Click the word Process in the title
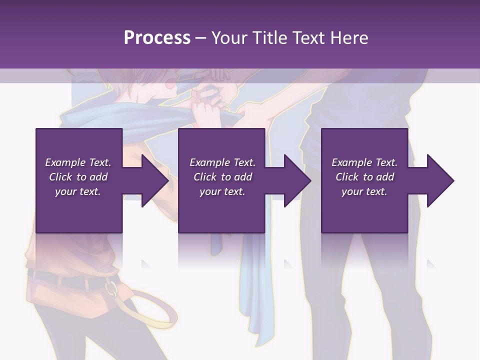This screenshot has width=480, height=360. [157, 38]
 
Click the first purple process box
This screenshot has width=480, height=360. [78, 210]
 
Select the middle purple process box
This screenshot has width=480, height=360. [221, 210]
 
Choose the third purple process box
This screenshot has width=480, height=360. [364, 210]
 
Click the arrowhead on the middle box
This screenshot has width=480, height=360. [297, 180]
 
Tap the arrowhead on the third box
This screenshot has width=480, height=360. [440, 180]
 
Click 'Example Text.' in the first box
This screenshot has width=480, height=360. [78, 162]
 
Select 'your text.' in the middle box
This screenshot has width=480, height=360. [222, 191]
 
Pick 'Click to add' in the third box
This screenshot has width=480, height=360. [365, 177]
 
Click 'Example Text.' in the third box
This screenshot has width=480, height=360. [364, 162]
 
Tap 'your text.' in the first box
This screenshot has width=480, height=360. [78, 191]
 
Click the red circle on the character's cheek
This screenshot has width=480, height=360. [170, 85]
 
